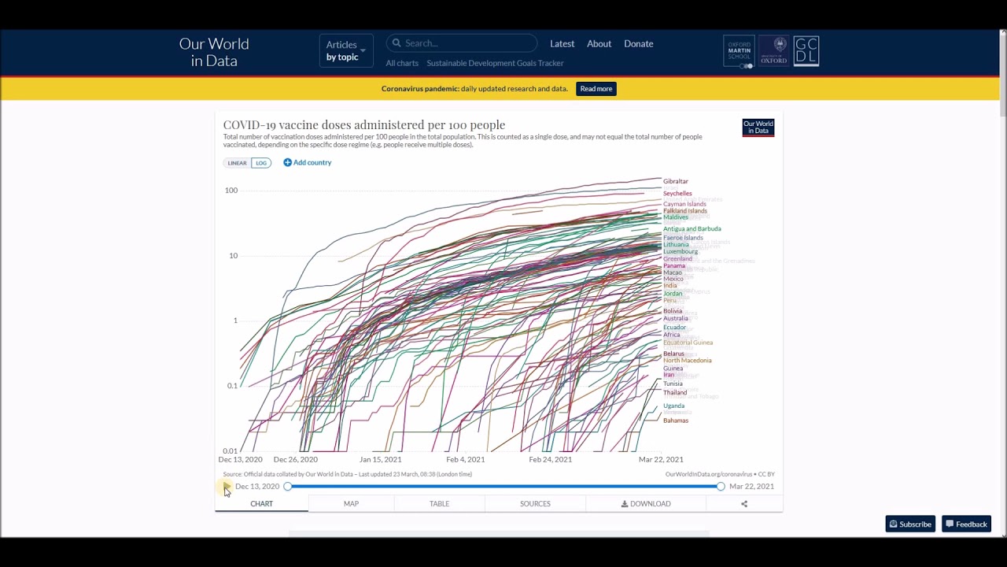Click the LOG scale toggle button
click(261, 163)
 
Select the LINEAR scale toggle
click(237, 163)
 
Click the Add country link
click(308, 162)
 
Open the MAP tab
click(351, 503)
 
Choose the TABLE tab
click(439, 503)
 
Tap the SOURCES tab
click(535, 503)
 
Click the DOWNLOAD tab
click(646, 503)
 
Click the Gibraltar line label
click(675, 181)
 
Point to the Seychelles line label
click(677, 193)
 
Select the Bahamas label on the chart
click(675, 421)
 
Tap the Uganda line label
click(673, 406)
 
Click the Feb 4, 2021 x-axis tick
click(465, 459)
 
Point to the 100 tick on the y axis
click(231, 191)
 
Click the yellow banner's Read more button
click(596, 89)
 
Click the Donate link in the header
click(638, 44)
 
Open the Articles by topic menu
click(345, 50)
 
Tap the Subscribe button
click(910, 524)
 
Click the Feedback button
click(966, 524)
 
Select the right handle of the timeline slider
click(721, 487)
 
